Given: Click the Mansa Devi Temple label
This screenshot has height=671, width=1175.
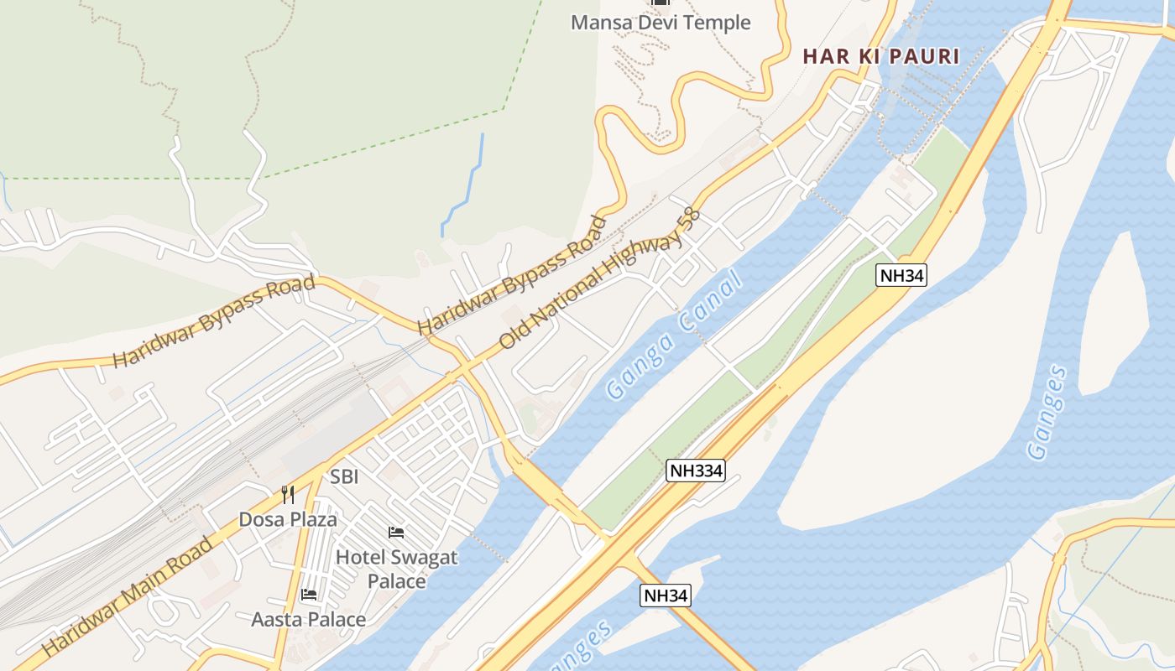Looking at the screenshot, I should tap(661, 23).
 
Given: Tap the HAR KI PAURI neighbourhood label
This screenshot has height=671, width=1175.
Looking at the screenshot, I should tap(880, 56).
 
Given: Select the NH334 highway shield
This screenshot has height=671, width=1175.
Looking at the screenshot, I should tap(696, 471).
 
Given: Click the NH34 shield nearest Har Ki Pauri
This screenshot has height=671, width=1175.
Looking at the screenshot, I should tap(901, 275).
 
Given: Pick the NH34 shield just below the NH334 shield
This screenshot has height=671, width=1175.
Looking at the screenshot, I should tap(666, 596).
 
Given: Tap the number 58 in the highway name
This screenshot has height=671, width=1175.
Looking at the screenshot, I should tap(689, 219).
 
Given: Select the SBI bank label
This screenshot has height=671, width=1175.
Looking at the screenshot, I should tap(344, 476).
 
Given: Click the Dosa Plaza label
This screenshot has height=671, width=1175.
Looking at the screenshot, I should tap(288, 519).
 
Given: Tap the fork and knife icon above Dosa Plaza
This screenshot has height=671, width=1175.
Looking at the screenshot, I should tap(288, 494).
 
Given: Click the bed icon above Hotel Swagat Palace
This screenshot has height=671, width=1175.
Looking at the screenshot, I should tap(396, 532).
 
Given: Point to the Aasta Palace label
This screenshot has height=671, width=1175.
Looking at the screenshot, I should tap(309, 620).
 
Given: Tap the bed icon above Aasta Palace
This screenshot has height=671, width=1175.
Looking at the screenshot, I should tap(309, 595).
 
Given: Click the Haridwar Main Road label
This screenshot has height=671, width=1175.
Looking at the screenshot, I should tap(127, 596).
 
